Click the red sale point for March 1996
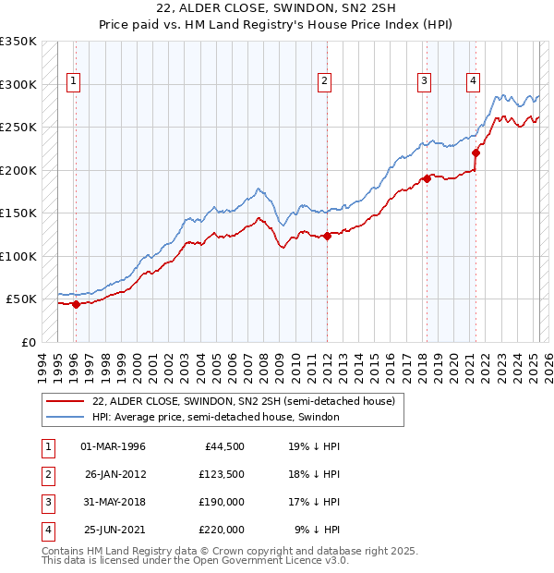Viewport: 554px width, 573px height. coord(76,304)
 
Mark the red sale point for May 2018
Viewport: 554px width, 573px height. coord(428,179)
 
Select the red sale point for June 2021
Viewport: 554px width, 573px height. coord(476,153)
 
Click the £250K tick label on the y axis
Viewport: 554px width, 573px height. coord(18,128)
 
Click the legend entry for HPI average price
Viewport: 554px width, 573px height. coord(216,418)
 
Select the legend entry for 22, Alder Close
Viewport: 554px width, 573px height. coord(244,401)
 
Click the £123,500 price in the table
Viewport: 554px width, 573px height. coord(222,474)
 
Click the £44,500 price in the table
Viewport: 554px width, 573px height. coord(224,446)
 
